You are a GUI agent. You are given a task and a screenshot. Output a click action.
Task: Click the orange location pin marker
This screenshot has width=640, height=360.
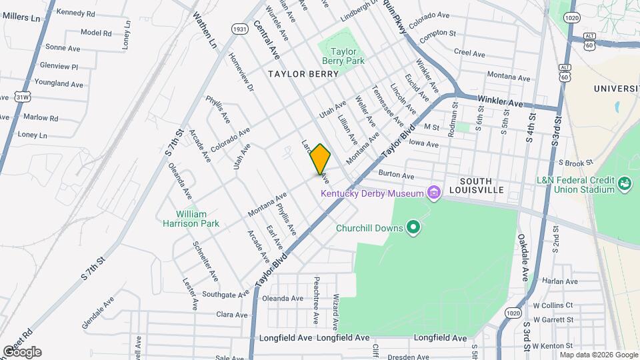pos(320,159)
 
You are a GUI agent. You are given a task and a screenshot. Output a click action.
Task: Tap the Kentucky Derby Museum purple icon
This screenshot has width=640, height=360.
pos(435,193)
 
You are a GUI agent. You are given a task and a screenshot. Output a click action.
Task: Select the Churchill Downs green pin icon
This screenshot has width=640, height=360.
pos(413,228)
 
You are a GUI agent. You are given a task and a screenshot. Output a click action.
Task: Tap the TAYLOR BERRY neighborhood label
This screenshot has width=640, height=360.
pos(303,74)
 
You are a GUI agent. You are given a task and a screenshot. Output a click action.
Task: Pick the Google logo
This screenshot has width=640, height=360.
pos(22,352)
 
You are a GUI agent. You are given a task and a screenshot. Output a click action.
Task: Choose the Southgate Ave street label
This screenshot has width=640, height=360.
pos(225,293)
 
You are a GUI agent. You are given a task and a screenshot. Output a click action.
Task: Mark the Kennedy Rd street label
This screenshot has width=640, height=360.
pos(75,13)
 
